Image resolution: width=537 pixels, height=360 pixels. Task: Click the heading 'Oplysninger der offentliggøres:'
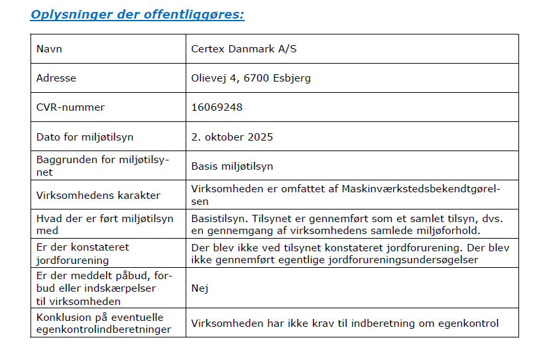(137, 14)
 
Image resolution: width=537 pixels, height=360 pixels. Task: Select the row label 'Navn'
(50, 49)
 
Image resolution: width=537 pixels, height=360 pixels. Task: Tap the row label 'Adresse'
(56, 78)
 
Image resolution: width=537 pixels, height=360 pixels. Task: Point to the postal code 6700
(256, 78)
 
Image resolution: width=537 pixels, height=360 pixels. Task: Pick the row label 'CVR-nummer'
(70, 107)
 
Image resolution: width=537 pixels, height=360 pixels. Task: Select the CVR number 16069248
(217, 107)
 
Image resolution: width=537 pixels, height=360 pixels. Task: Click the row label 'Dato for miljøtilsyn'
(85, 137)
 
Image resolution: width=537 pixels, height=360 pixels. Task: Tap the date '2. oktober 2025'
(232, 137)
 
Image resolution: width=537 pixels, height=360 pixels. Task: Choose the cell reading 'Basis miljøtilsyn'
(232, 166)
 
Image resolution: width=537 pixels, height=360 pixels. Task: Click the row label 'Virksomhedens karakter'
(98, 195)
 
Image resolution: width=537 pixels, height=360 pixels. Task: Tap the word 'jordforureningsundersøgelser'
(406, 261)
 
